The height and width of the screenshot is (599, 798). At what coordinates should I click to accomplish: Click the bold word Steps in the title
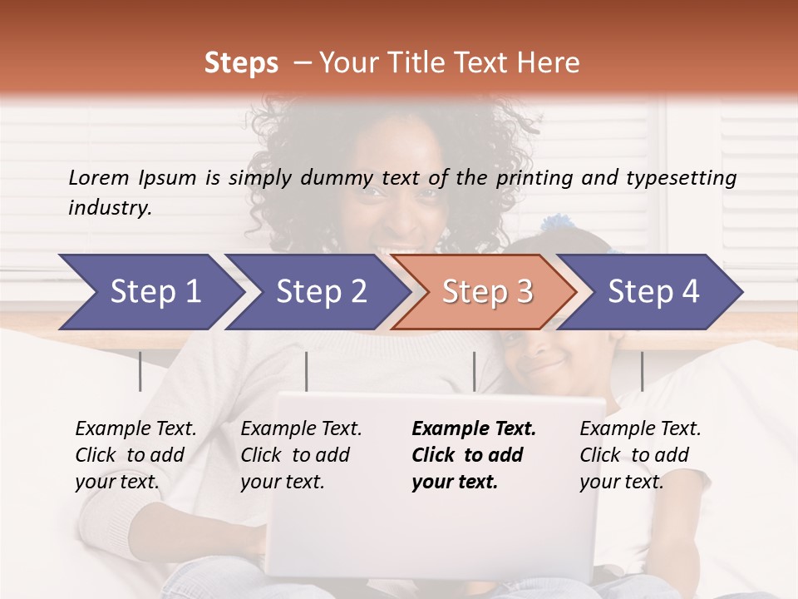241,62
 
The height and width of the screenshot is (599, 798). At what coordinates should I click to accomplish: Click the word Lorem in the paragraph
98,177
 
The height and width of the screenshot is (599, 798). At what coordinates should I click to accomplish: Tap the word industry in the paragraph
109,207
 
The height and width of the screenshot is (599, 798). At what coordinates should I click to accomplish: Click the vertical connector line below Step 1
140,371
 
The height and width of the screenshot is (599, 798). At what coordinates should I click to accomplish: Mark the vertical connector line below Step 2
307,371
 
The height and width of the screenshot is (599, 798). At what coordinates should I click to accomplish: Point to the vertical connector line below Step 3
474,371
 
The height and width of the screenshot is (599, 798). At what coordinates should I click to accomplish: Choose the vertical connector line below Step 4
642,371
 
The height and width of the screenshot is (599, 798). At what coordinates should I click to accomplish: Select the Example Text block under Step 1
135,455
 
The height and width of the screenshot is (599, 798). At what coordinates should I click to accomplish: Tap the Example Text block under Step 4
640,455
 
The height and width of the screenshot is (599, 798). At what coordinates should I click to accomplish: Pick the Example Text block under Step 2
301,455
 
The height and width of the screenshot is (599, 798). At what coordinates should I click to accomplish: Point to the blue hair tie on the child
554,223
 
